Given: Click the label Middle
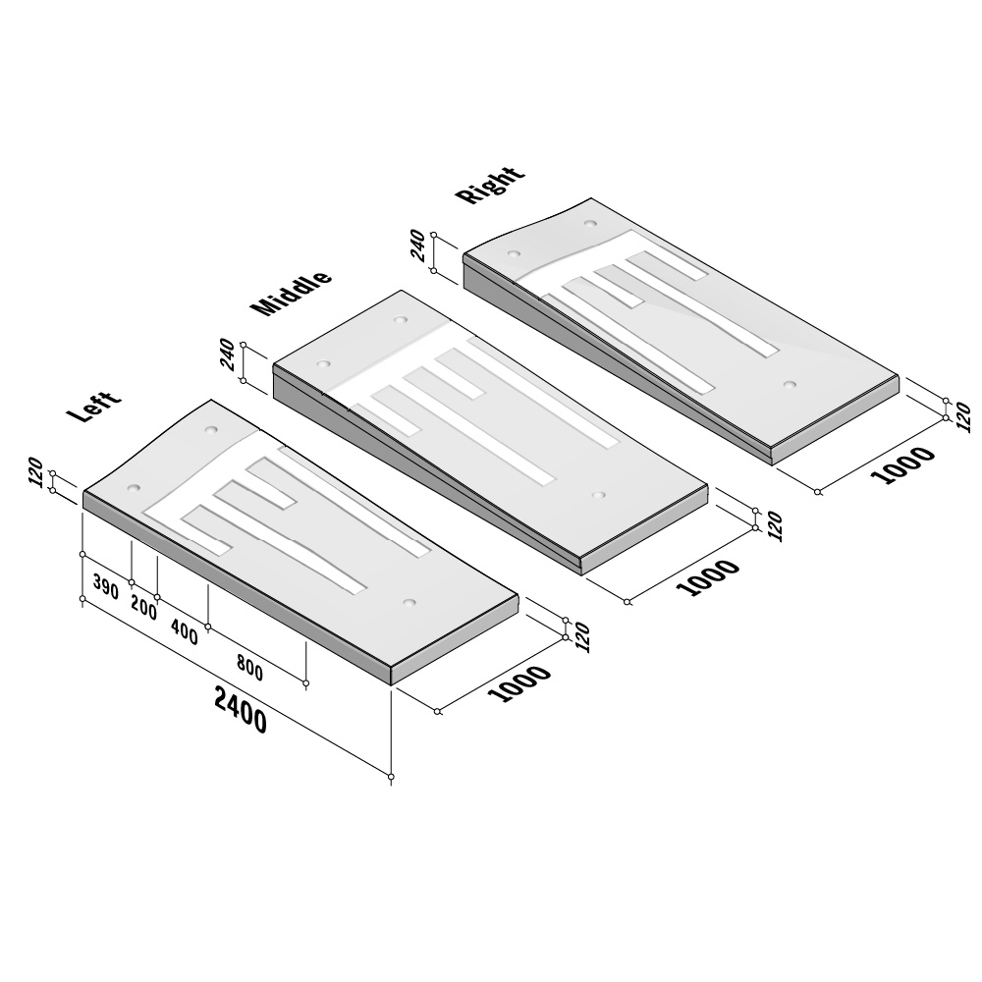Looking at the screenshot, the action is pos(291,293).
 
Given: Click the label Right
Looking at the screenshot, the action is pos(490,185).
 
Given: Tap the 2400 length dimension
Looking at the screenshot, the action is pos(241,709).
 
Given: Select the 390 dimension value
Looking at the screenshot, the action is pos(106,586).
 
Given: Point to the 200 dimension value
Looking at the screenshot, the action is pos(144,607).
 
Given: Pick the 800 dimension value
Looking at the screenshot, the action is pos(249,667).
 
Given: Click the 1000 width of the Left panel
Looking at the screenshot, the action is pos(519,682).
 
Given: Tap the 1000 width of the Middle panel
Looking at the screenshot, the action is pos(708,576).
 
